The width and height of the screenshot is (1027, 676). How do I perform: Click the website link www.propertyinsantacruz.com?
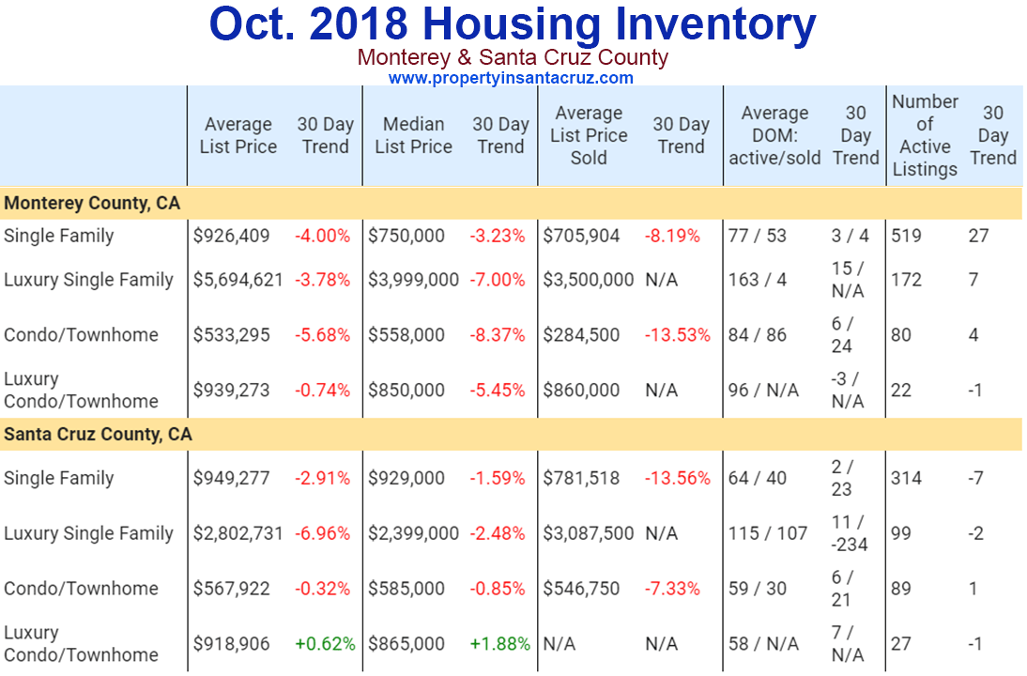click(511, 78)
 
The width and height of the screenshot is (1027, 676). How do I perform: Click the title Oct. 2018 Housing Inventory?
click(512, 25)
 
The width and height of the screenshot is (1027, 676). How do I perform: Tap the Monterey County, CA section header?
click(92, 203)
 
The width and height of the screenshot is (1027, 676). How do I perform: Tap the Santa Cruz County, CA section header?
click(98, 435)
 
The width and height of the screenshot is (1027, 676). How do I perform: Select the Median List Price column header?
click(413, 135)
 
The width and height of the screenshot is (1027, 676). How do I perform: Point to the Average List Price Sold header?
click(589, 135)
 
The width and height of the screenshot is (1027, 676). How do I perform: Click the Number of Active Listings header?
click(925, 135)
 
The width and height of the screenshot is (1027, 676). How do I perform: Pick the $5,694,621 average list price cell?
click(238, 280)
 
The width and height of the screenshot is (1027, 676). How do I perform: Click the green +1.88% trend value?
click(499, 644)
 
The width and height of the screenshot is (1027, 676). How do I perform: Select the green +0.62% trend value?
click(325, 644)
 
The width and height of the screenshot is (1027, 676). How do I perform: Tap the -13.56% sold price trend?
click(677, 478)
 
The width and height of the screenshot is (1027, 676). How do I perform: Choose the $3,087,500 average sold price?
click(589, 533)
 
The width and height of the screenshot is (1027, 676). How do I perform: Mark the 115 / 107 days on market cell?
click(768, 533)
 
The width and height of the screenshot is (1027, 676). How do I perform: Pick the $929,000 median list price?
click(406, 478)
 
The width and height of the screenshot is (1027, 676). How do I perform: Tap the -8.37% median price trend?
click(498, 335)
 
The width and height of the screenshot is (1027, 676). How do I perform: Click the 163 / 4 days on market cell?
click(758, 280)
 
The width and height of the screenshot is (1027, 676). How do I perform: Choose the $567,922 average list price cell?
click(232, 589)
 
